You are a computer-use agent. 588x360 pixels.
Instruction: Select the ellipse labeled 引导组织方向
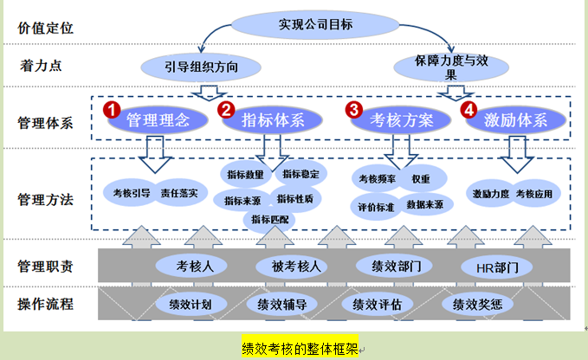(x=201, y=66)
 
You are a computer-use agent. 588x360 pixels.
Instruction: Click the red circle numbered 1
(x=111, y=110)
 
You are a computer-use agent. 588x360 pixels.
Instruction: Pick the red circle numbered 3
(x=354, y=110)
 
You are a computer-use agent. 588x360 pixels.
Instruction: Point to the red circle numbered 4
(x=468, y=110)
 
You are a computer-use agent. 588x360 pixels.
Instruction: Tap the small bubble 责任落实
(x=179, y=192)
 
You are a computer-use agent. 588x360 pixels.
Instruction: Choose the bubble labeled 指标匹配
(x=271, y=219)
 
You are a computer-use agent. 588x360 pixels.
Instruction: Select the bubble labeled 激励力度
(x=490, y=193)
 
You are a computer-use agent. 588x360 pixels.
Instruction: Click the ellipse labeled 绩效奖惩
(x=472, y=305)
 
